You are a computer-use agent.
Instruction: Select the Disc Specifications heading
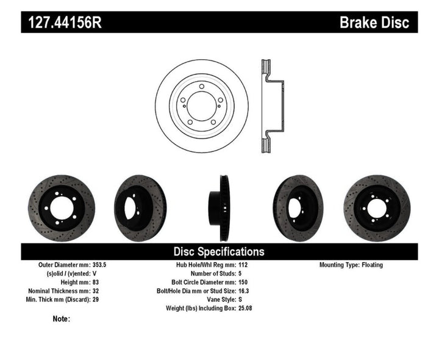(219, 251)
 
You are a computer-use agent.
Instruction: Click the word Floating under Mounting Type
(388, 265)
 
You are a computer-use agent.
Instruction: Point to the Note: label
(61, 319)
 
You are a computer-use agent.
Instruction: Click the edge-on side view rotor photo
(219, 203)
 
